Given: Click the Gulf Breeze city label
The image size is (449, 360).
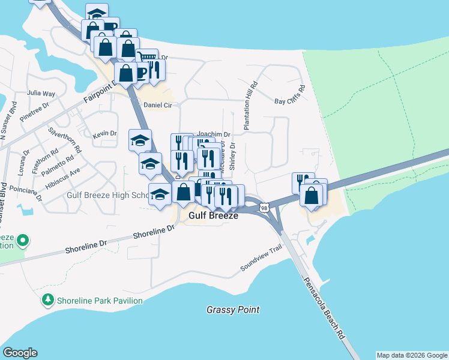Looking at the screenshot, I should (214, 215).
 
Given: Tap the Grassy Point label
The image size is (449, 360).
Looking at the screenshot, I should (233, 310).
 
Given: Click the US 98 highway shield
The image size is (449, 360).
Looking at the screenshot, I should (265, 208).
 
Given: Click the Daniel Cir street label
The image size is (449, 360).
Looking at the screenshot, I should (158, 104).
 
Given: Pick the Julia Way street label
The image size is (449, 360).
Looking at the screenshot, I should (41, 94).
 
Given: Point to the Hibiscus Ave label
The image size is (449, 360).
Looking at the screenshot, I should (62, 178).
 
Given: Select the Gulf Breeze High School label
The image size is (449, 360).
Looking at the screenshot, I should (108, 195).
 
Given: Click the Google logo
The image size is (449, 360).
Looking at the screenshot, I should (20, 353).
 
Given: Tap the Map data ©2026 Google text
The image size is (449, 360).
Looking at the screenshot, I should (412, 355).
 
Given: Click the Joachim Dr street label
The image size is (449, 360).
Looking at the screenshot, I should (214, 134).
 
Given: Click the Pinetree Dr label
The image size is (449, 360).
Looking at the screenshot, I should (33, 110).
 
